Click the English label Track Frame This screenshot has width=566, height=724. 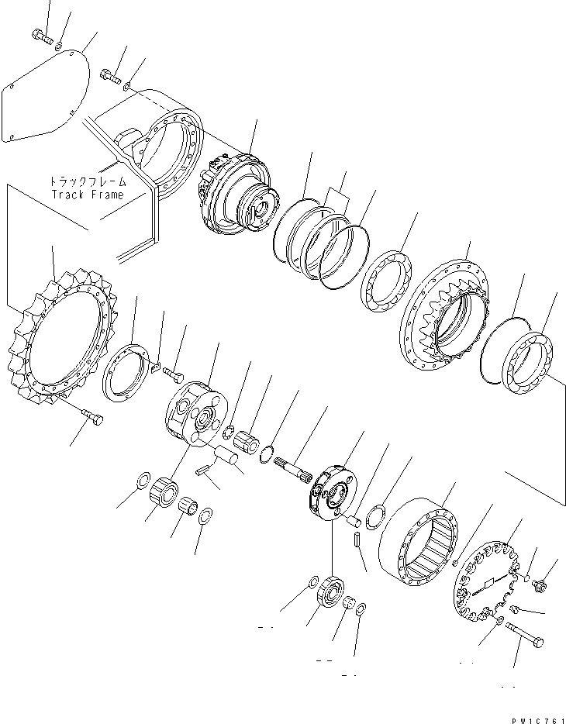[x=87, y=195]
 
